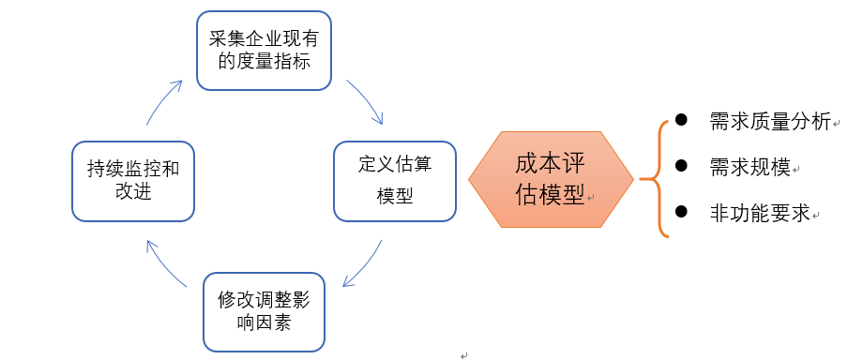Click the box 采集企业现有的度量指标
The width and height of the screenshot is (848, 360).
pos(264,51)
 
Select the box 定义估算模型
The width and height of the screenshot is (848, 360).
pos(395,181)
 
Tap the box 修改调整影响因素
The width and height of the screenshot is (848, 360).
pos(264,311)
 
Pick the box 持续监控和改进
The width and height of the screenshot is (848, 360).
pos(132,181)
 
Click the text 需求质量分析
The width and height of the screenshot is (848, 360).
pos(769,122)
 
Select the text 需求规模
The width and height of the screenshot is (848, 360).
pos(750,168)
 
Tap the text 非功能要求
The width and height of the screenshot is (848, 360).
pos(760,214)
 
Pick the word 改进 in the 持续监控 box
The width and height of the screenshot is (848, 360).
pos(132,193)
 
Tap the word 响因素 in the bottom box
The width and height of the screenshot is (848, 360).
pos(264,323)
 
